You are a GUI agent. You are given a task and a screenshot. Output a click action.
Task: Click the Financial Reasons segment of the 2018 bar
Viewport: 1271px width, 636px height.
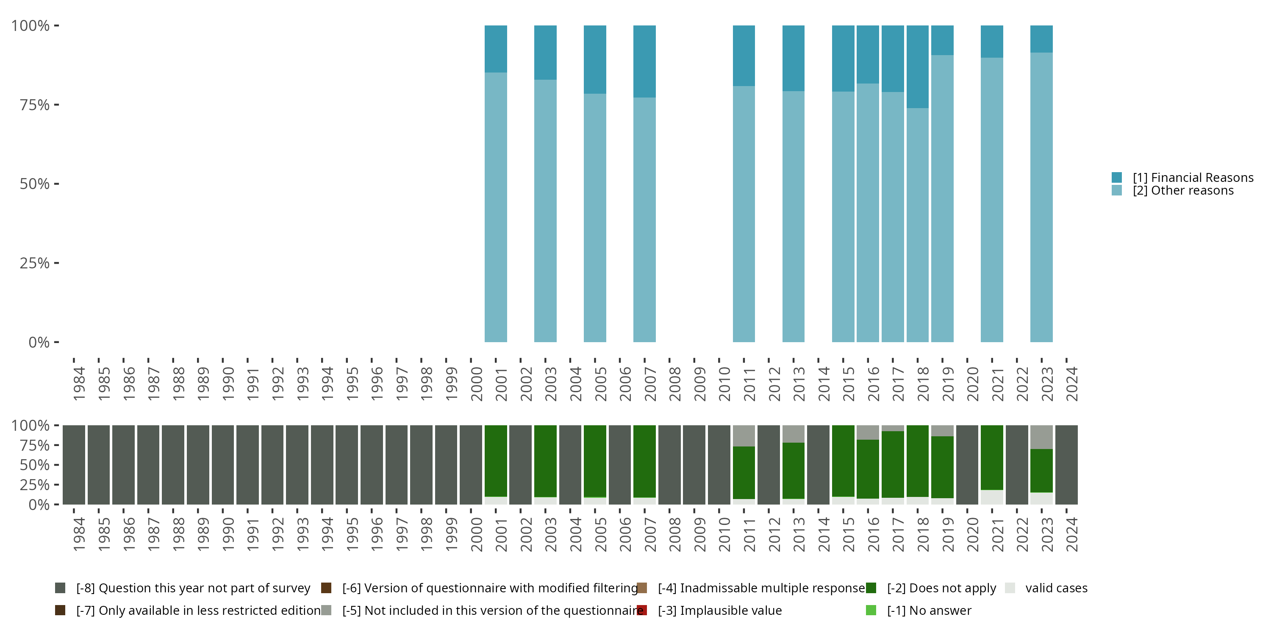tap(917, 67)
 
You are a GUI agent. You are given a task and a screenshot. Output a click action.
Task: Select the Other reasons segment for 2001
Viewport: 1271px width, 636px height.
tap(495, 207)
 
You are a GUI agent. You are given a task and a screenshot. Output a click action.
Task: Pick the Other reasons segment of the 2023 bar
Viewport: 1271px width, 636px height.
tap(1041, 198)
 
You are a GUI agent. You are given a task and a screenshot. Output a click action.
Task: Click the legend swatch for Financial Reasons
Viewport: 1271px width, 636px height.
tap(1116, 177)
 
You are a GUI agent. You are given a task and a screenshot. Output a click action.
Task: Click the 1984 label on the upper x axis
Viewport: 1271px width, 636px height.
tap(79, 384)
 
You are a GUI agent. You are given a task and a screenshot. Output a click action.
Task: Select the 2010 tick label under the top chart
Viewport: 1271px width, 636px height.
tap(724, 384)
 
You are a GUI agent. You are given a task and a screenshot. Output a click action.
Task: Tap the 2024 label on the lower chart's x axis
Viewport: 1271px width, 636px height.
tap(1072, 534)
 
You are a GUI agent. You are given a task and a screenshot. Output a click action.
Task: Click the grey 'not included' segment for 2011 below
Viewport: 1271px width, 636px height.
tap(744, 435)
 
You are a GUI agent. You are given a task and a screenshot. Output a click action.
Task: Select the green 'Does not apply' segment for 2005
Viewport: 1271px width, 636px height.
tap(594, 461)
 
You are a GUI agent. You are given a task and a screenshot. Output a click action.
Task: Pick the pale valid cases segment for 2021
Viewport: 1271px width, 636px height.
tap(992, 497)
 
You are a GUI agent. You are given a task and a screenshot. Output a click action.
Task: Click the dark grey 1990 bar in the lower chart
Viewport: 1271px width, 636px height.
tap(222, 465)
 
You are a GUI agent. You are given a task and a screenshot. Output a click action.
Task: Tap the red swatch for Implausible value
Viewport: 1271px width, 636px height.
tap(642, 610)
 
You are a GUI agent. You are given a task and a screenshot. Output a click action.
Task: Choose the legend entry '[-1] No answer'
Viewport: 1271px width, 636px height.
tap(929, 610)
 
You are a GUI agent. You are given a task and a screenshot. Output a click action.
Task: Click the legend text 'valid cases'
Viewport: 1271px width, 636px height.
tap(1056, 588)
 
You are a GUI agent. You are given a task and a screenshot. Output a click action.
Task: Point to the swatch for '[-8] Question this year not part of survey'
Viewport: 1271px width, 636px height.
tap(60, 588)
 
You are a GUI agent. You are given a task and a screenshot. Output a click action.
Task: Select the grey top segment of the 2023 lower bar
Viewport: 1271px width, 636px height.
tap(1041, 437)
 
